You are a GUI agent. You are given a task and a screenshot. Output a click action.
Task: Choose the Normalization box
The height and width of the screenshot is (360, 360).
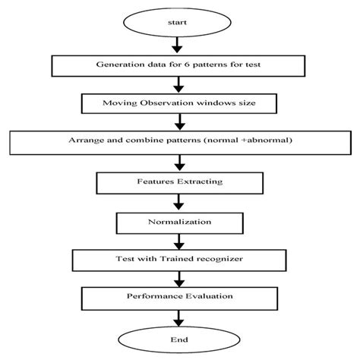[x=179, y=223]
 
